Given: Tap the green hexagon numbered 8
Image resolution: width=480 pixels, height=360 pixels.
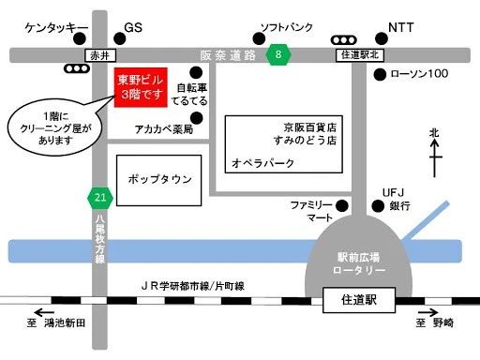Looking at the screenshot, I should (x=277, y=55).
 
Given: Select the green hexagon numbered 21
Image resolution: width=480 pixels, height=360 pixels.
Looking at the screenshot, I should (x=100, y=197).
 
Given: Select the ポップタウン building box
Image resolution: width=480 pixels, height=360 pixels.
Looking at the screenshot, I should (x=159, y=178).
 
